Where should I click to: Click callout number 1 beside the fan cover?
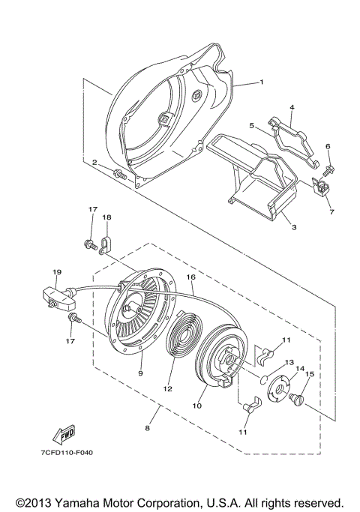[261, 81]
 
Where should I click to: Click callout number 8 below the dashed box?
[148, 427]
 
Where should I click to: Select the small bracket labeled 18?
[107, 243]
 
